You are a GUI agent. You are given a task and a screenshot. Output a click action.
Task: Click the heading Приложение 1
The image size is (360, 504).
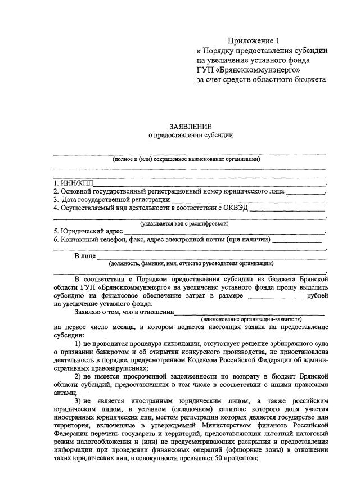(253, 40)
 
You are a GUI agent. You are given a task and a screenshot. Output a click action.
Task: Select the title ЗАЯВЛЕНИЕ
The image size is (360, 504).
(190, 127)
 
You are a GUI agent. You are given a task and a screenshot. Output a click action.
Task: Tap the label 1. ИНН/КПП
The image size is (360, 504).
(73, 183)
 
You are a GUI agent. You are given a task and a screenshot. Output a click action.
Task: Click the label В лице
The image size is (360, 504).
(84, 256)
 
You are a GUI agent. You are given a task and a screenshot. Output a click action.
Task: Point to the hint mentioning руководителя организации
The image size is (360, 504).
(191, 263)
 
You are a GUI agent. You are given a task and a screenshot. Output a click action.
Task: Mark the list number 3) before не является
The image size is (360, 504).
(79, 400)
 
